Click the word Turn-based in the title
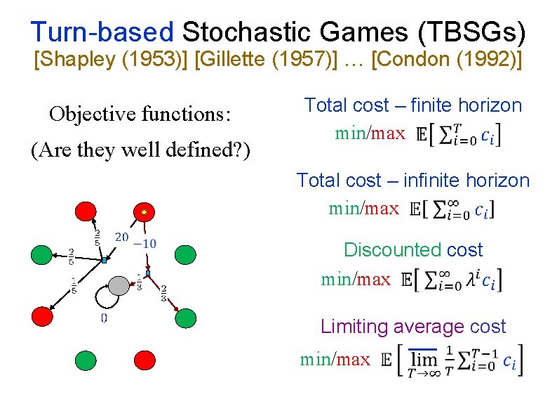[x=102, y=32]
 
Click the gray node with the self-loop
[x=119, y=285]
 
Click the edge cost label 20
[x=121, y=237]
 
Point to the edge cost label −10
[x=144, y=243]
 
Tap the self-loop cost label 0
[x=104, y=318]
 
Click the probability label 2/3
[x=163, y=292]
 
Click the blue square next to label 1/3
[x=148, y=272]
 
